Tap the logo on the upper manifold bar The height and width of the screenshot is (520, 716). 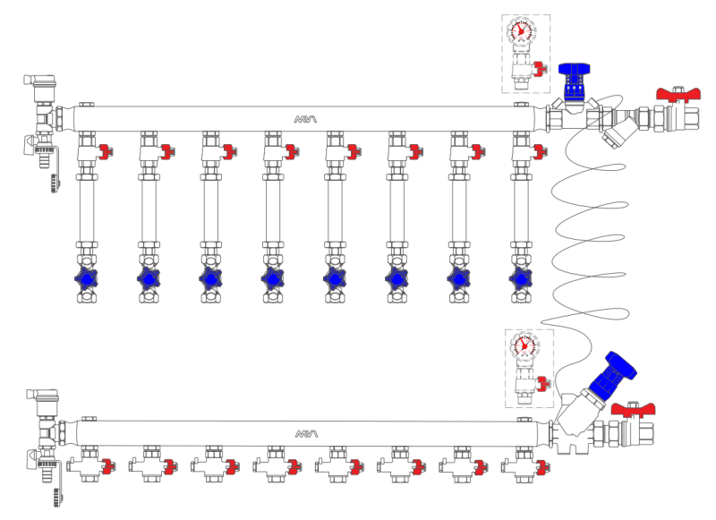tap(306, 118)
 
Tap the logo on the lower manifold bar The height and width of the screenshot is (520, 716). tap(307, 433)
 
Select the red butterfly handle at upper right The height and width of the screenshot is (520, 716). tap(677, 94)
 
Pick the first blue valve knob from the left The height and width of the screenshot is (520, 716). tap(87, 279)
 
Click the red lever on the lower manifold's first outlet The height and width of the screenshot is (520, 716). tap(107, 465)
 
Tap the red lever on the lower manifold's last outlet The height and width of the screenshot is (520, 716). tap(541, 465)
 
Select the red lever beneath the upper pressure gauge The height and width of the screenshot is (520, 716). tap(539, 69)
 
